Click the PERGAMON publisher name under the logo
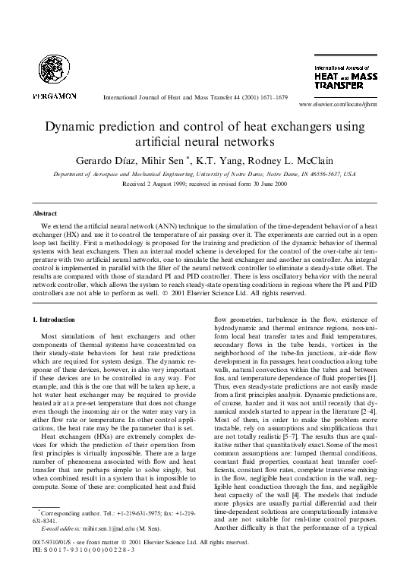pyautogui.click(x=55, y=96)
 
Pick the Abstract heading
pyautogui.click(x=49, y=215)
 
